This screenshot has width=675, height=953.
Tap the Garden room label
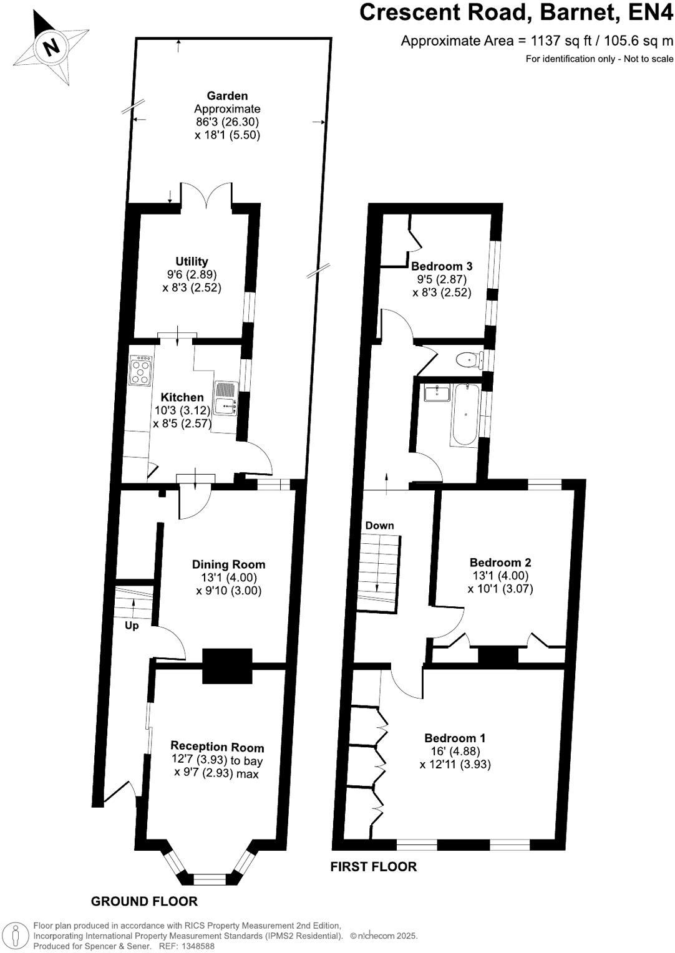pos(227,96)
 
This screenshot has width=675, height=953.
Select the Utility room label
pos(192,262)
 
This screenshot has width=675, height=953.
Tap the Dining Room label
pos(228,564)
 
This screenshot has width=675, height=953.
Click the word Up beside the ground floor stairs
pos(132,626)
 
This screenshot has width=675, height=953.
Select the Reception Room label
pos(217,747)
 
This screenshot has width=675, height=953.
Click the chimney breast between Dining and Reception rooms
pos(227,665)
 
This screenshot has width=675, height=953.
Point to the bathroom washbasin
pos(436,393)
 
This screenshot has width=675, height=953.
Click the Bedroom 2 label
pos(500,563)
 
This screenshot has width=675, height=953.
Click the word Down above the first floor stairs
pos(379,526)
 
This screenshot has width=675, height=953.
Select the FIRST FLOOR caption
pos(373,866)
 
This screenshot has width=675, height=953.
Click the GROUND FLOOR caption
pos(144,901)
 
